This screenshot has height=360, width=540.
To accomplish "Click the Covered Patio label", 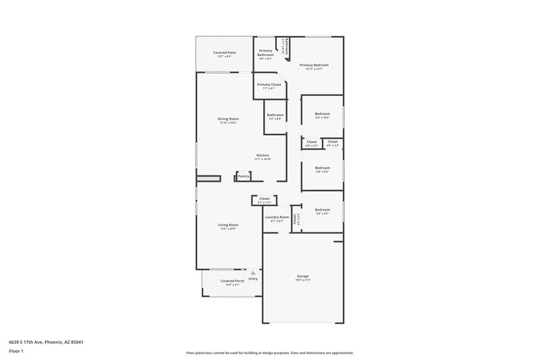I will [x=225, y=53].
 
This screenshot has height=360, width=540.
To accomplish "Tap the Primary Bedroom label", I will [x=314, y=66].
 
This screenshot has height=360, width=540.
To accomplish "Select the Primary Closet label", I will [x=269, y=84].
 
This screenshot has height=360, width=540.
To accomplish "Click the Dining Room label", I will [x=229, y=119].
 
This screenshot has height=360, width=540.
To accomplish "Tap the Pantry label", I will [x=244, y=176].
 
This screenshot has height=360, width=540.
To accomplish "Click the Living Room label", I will [x=227, y=225].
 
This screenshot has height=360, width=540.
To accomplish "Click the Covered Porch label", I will [x=232, y=281].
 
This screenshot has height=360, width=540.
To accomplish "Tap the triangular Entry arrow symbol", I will [x=253, y=273].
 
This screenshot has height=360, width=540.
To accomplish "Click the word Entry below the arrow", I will [x=253, y=278].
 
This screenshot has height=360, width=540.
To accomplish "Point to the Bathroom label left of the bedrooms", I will [x=275, y=115].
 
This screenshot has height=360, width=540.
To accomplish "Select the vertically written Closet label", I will [x=295, y=219].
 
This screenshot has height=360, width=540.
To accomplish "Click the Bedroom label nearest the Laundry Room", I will [x=322, y=210].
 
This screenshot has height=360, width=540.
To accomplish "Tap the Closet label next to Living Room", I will [x=264, y=199].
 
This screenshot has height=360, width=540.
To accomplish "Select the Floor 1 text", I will [x=17, y=352].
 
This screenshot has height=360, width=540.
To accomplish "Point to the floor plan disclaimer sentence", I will [x=269, y=353].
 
